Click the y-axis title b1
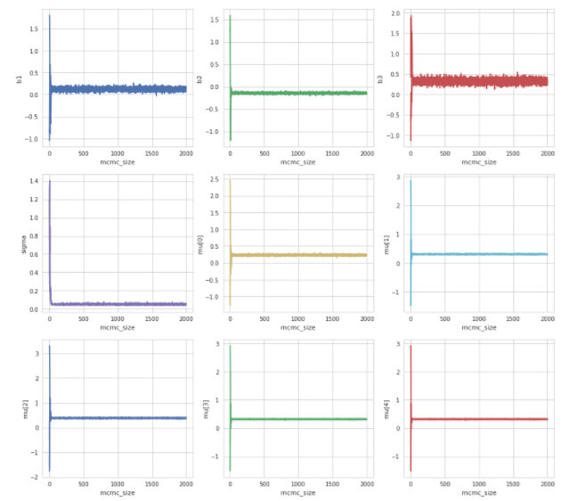pos(19,79)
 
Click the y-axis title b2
pos(199,79)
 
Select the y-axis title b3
pos(380,79)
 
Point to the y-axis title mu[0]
pos(199,243)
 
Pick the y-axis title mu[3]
pos(199,409)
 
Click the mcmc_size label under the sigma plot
pos(117,327)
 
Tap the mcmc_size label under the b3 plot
pos(478,163)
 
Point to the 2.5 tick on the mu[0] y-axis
pos(214,180)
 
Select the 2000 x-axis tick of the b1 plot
pos(184,153)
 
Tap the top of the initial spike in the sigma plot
pos(50,181)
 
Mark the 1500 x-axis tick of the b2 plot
pos(331,153)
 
